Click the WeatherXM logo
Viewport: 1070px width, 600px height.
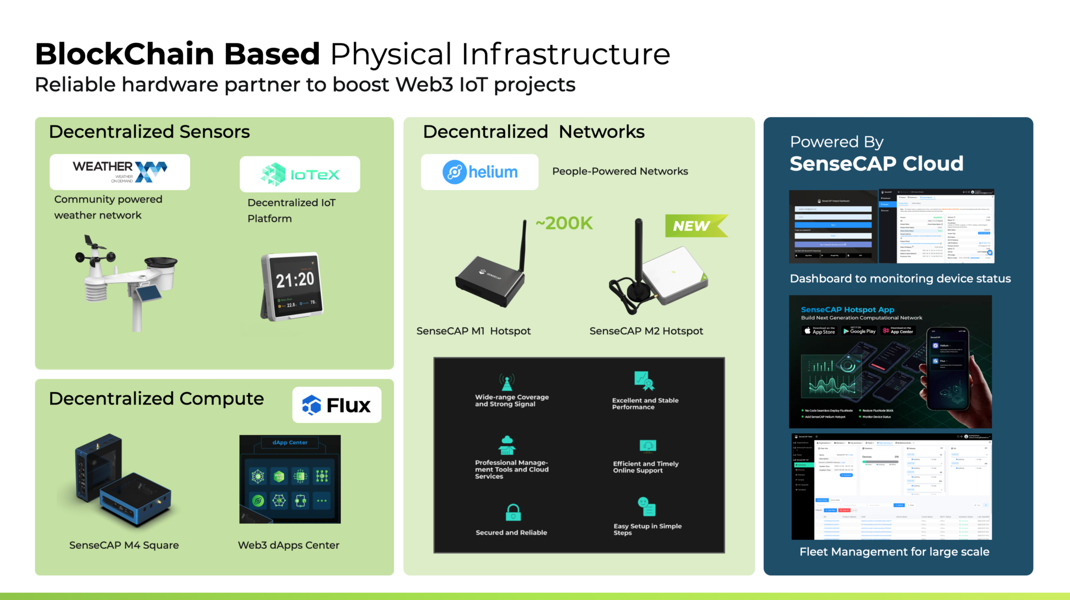120,171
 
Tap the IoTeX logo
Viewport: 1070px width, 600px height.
300,174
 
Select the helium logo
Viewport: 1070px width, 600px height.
480,172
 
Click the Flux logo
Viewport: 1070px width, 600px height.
336,405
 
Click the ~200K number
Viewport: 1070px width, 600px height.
564,223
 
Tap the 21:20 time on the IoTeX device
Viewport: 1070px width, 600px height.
295,280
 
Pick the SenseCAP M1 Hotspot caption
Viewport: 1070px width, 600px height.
473,331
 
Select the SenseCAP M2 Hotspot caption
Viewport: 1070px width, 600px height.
646,331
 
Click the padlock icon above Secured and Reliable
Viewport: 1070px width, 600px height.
513,512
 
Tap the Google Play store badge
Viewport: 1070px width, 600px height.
859,331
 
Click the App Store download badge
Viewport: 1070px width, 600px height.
820,331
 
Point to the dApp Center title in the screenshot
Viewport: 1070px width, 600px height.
290,443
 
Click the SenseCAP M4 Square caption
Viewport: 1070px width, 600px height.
124,545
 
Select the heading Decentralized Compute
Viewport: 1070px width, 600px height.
156,398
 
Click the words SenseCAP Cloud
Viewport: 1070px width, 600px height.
876,164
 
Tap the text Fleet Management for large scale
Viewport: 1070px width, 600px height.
894,551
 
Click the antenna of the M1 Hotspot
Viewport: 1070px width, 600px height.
522,246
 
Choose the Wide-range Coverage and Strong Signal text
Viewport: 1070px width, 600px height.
511,400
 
